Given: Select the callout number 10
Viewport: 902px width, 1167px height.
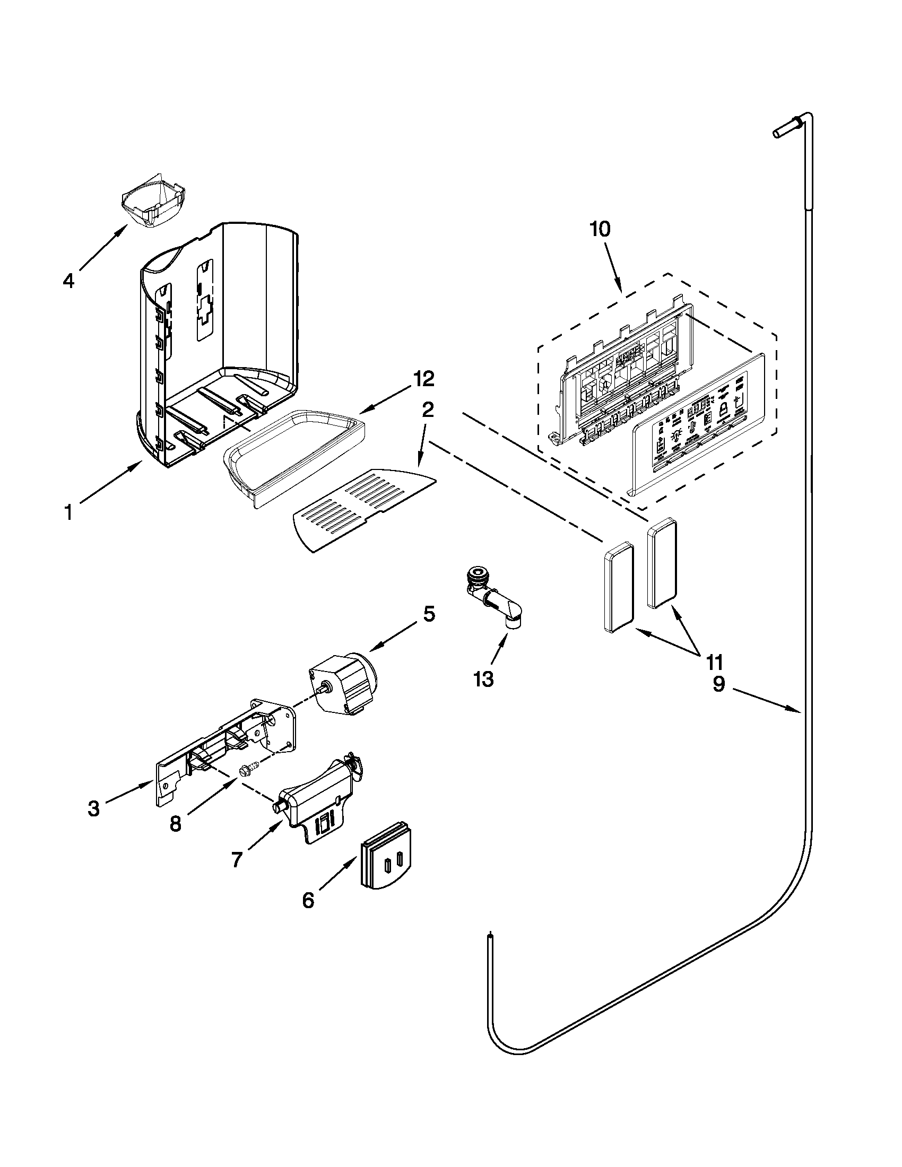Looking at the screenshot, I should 600,229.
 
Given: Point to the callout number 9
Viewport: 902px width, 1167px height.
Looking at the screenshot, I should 719,683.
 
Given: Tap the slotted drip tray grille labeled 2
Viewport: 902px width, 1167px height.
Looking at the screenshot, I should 363,510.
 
